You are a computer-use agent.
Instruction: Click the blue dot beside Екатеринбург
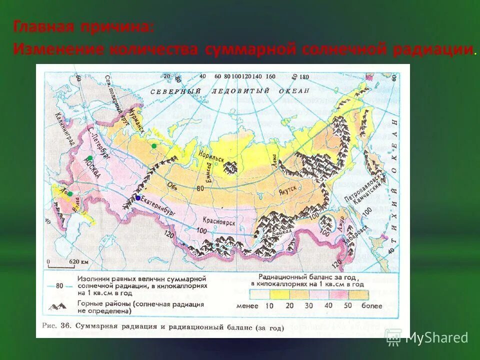138,198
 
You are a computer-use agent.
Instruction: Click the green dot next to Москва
89,158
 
